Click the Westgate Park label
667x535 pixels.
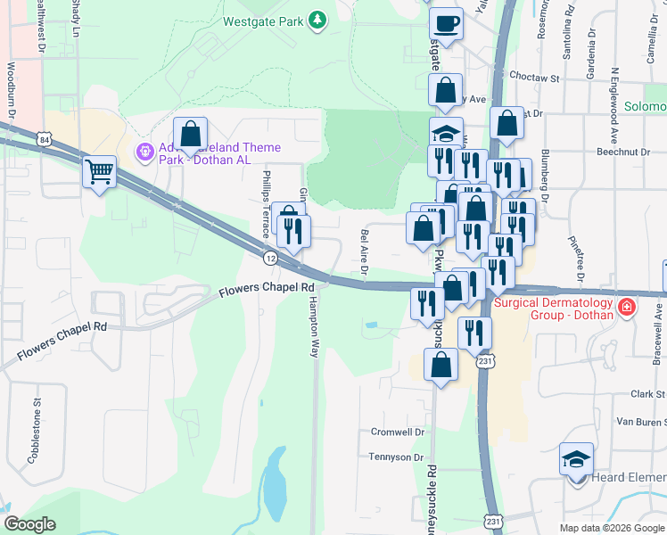263,21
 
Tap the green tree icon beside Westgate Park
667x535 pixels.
316,20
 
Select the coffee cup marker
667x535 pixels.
446,23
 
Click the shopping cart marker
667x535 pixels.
99,170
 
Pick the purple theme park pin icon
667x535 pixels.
144,153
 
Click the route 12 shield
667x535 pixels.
269,258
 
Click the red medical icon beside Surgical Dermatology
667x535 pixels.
627,308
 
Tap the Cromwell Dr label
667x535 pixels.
397,432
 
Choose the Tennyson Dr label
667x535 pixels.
395,457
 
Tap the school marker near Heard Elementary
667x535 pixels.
576,460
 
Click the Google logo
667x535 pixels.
30,524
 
